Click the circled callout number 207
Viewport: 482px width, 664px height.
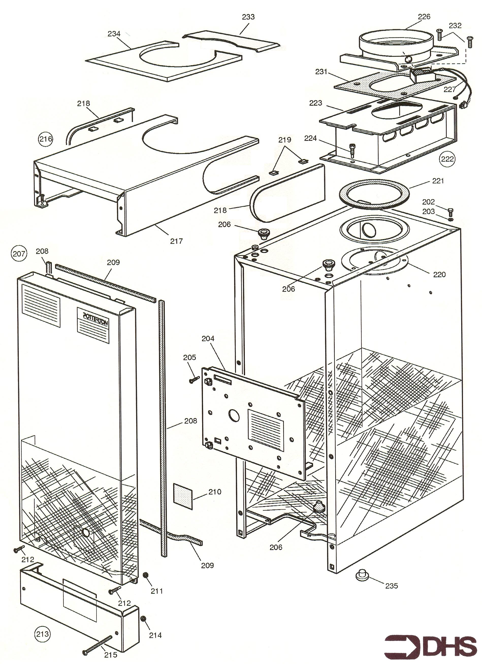tap(19, 253)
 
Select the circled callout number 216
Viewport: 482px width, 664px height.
tap(46, 139)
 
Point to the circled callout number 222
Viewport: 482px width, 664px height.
tap(447, 159)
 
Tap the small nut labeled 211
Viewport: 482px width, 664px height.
tap(145, 575)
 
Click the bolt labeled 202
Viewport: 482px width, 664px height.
tap(451, 210)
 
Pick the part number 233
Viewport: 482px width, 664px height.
tap(248, 17)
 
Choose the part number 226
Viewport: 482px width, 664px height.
tap(424, 17)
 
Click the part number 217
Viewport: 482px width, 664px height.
tap(176, 241)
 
